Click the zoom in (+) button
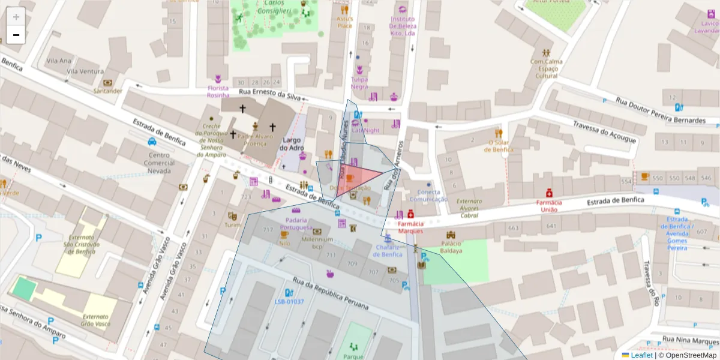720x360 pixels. (x=16, y=16)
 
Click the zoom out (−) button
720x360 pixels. (x=16, y=35)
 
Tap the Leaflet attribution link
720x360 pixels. (x=641, y=355)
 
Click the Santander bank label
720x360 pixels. (x=108, y=91)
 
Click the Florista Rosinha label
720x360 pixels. (x=218, y=91)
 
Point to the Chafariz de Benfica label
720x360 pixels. (x=388, y=250)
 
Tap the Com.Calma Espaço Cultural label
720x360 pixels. (x=546, y=68)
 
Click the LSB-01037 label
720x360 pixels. (x=289, y=301)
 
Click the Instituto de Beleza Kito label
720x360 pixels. (x=402, y=26)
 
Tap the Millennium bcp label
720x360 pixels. (x=317, y=242)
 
